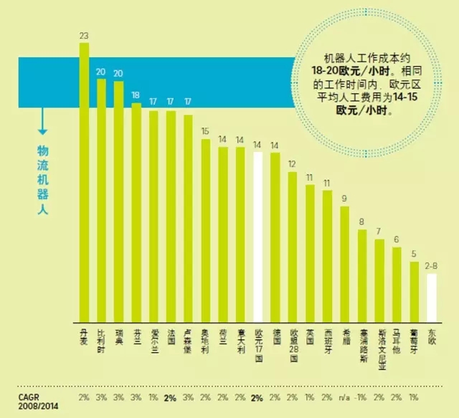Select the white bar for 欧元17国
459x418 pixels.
(258, 237)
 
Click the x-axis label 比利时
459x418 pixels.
(102, 337)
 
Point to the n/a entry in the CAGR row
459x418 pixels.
(345, 398)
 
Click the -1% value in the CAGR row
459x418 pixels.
(363, 398)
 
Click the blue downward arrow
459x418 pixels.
(42, 122)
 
